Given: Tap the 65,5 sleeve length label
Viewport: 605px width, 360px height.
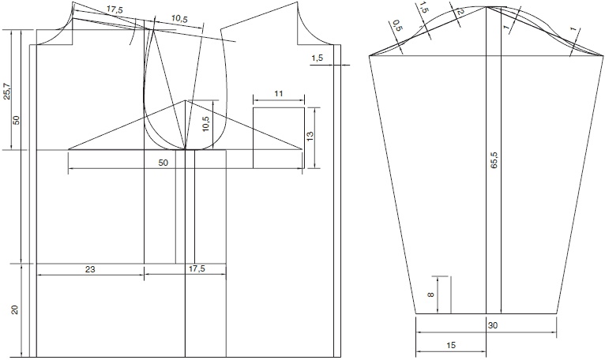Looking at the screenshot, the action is (x=494, y=160).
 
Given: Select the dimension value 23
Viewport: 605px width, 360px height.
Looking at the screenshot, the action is (x=90, y=269).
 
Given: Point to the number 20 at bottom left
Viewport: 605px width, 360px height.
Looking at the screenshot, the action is (x=15, y=309).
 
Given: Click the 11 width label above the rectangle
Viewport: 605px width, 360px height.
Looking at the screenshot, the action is (x=279, y=93).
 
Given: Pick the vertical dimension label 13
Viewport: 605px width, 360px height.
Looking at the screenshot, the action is (x=310, y=137).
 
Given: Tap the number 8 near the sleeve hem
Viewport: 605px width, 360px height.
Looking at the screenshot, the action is (x=431, y=295).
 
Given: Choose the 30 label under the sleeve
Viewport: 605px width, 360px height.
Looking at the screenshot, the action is (x=493, y=326).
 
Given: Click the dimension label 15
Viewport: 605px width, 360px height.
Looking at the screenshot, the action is (x=451, y=345).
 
